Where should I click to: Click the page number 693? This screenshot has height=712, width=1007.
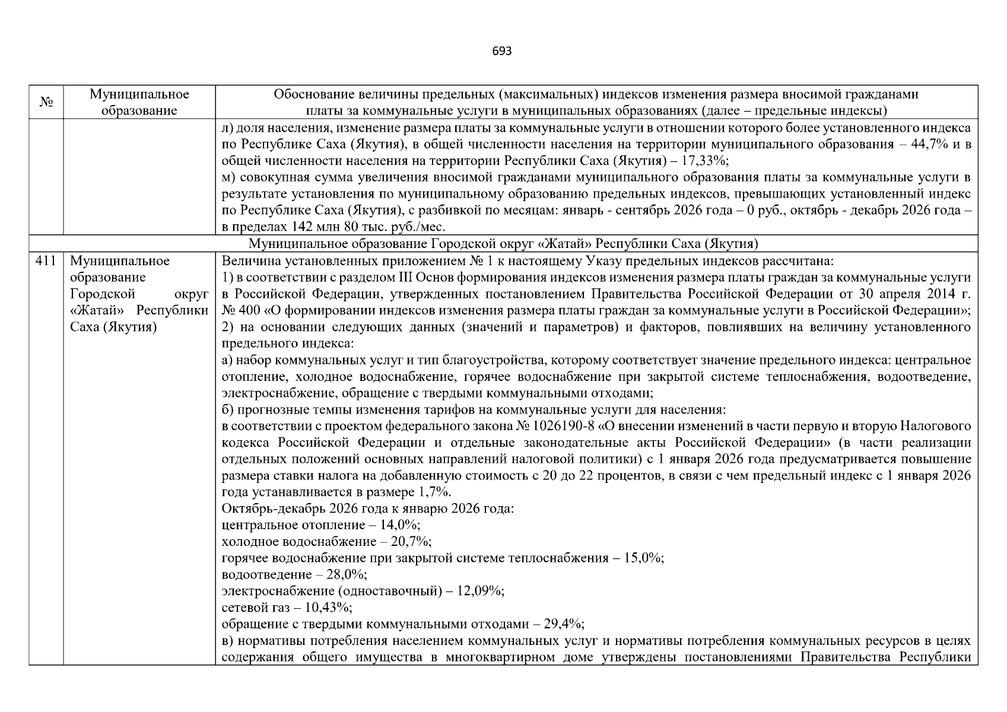501,51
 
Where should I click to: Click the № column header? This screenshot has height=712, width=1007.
46,102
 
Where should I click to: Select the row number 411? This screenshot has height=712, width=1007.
46,261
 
